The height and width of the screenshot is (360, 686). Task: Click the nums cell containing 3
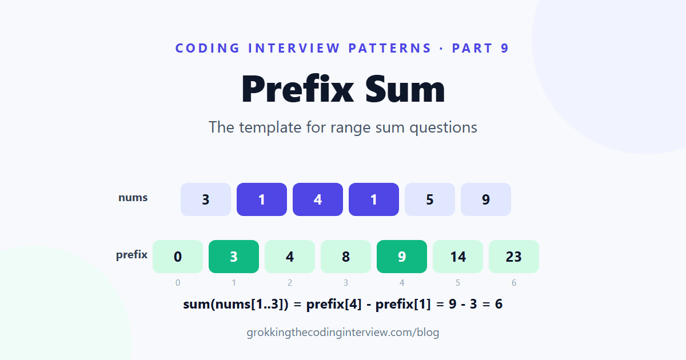point(205,199)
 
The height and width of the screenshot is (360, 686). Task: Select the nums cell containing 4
point(318,199)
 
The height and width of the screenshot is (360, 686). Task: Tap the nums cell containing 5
point(430,199)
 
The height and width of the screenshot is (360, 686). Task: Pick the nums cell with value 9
point(486,199)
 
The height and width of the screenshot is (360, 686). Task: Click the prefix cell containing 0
point(178,257)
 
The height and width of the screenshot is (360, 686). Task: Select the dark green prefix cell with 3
point(234,257)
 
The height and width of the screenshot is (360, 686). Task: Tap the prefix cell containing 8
point(346,257)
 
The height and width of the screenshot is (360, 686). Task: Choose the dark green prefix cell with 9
point(402,257)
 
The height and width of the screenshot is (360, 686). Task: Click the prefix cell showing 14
point(458,257)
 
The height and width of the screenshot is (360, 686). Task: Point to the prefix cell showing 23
point(514,257)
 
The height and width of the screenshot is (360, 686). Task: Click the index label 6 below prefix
point(514,283)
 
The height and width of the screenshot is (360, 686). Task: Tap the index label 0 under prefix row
point(178,283)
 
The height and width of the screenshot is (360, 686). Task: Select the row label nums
point(133,198)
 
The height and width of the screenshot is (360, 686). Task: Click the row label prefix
point(131,255)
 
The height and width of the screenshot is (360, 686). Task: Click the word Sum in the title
point(405,89)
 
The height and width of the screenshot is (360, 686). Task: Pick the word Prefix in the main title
point(298,89)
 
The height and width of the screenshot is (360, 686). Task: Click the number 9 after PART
point(505,49)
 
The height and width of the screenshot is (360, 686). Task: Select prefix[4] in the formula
point(334,304)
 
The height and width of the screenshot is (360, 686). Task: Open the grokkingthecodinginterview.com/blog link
point(343,333)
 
